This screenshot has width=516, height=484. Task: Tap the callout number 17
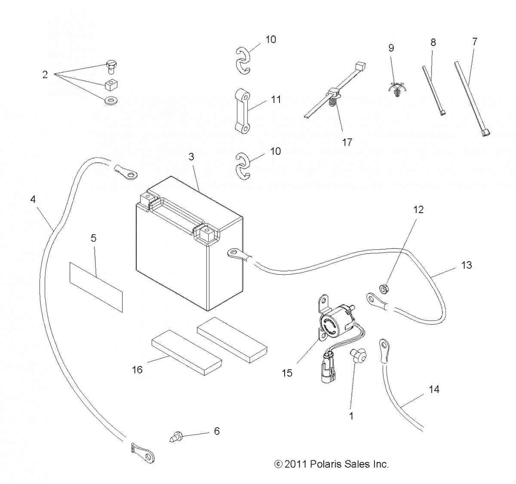(x=347, y=142)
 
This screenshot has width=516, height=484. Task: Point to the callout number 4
(x=33, y=199)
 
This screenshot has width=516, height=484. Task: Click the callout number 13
(x=467, y=265)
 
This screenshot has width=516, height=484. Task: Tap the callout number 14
(x=434, y=389)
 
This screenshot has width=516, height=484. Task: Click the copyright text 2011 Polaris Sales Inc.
(x=331, y=464)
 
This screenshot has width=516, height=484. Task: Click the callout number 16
(x=137, y=369)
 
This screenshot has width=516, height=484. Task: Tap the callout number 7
(x=475, y=42)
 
